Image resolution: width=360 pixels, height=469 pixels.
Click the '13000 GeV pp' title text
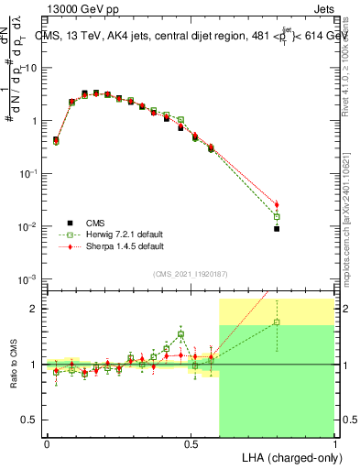click(x=79, y=11)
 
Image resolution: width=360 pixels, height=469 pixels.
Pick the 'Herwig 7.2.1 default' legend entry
click(x=119, y=234)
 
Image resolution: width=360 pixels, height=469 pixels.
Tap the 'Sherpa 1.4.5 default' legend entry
click(x=119, y=245)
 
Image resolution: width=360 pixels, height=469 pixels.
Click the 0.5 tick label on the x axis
click(x=191, y=442)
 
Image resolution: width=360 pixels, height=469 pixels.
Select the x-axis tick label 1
click(x=334, y=442)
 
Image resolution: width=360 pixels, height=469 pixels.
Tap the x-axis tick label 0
click(x=47, y=442)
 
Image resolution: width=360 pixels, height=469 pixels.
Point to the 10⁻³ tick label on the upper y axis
click(x=28, y=278)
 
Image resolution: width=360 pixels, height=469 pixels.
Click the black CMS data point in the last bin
click(x=277, y=228)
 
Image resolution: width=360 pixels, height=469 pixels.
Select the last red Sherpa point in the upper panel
click(x=277, y=204)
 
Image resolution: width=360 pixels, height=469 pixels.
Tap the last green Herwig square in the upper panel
click(x=277, y=216)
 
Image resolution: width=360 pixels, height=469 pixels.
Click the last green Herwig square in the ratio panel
click(x=277, y=322)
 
